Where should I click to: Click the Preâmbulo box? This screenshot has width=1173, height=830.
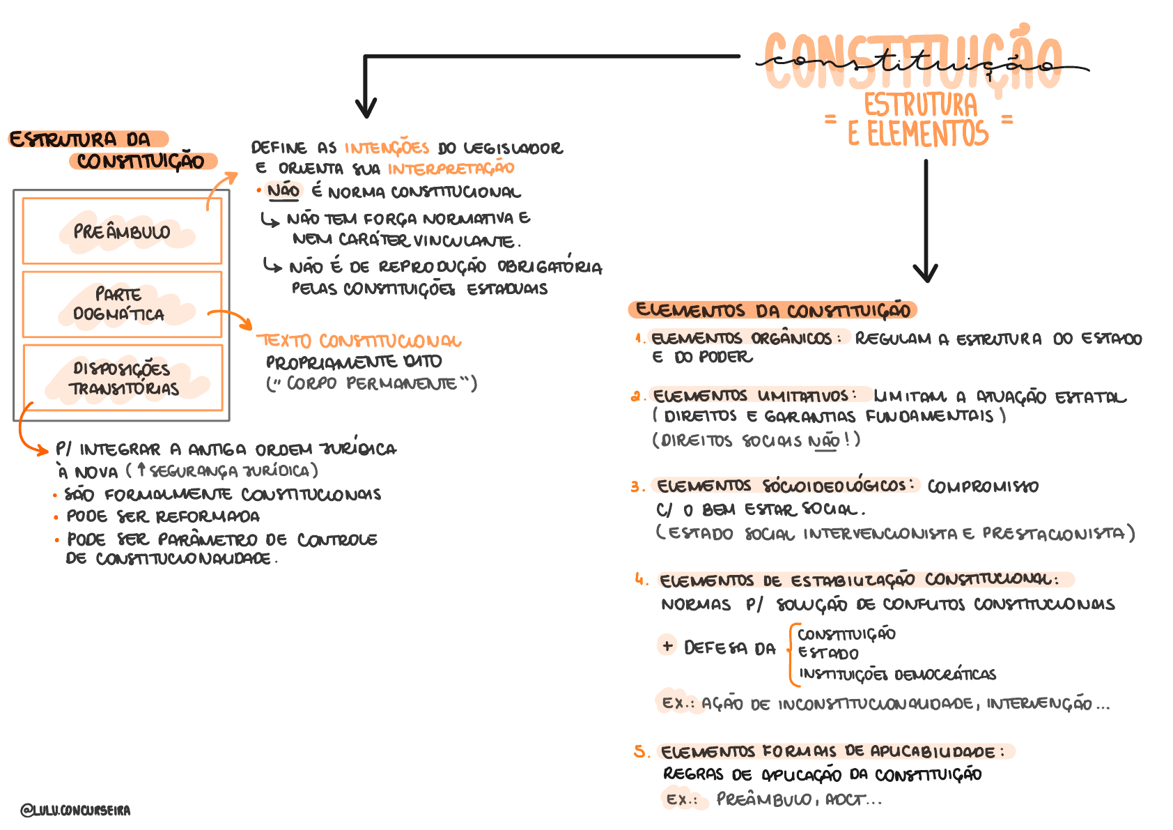point(122,231)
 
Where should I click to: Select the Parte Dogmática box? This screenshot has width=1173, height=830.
point(122,305)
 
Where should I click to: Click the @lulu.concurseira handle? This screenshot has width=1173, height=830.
point(75,810)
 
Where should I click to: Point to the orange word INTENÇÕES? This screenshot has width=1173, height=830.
point(387,148)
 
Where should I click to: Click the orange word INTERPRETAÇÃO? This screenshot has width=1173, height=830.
point(451,169)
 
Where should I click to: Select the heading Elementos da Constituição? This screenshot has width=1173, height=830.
point(772,310)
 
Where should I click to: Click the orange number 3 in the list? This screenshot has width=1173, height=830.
point(637,486)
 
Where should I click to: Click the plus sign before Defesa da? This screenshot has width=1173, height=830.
point(667,645)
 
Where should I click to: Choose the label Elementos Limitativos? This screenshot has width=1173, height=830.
point(751,396)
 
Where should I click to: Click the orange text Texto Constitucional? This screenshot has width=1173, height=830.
point(359,341)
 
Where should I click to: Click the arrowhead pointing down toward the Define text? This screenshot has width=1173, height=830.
point(366,108)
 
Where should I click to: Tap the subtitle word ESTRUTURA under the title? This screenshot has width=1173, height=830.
point(920,105)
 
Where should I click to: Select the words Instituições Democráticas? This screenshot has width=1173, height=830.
point(897,675)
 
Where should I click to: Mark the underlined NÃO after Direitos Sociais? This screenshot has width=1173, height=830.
point(824,441)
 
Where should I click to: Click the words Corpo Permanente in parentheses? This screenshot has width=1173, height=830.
point(371,383)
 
